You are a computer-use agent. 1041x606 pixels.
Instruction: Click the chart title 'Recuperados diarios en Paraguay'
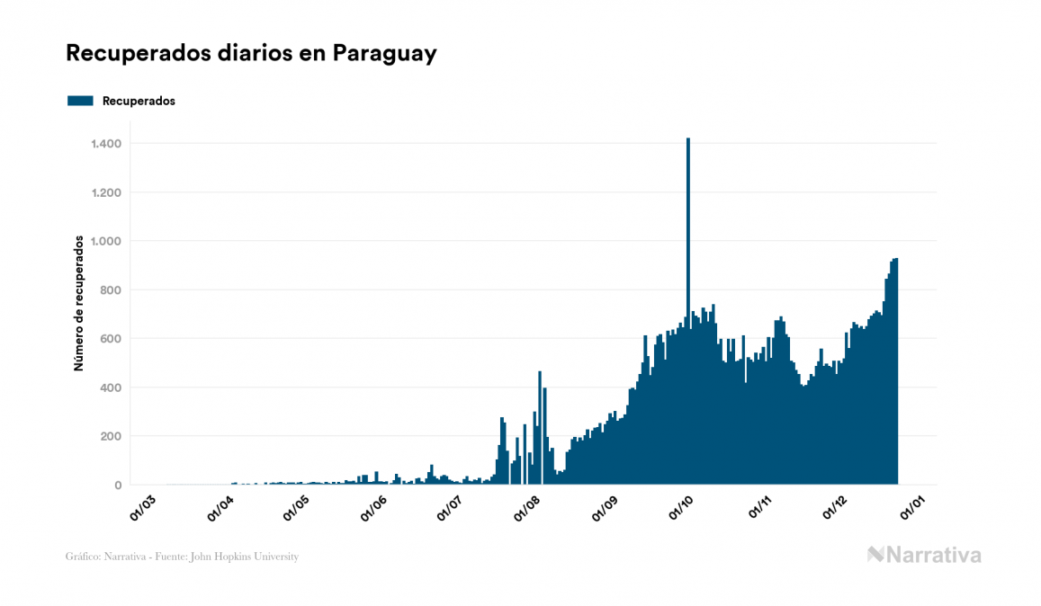251,53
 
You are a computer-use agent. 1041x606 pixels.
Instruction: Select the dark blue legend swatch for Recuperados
81,101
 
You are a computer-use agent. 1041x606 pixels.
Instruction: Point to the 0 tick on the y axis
118,486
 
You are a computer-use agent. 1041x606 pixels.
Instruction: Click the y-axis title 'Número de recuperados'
79,304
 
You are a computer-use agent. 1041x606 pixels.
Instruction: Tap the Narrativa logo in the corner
924,555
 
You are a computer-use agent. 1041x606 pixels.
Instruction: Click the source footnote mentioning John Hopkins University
182,557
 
